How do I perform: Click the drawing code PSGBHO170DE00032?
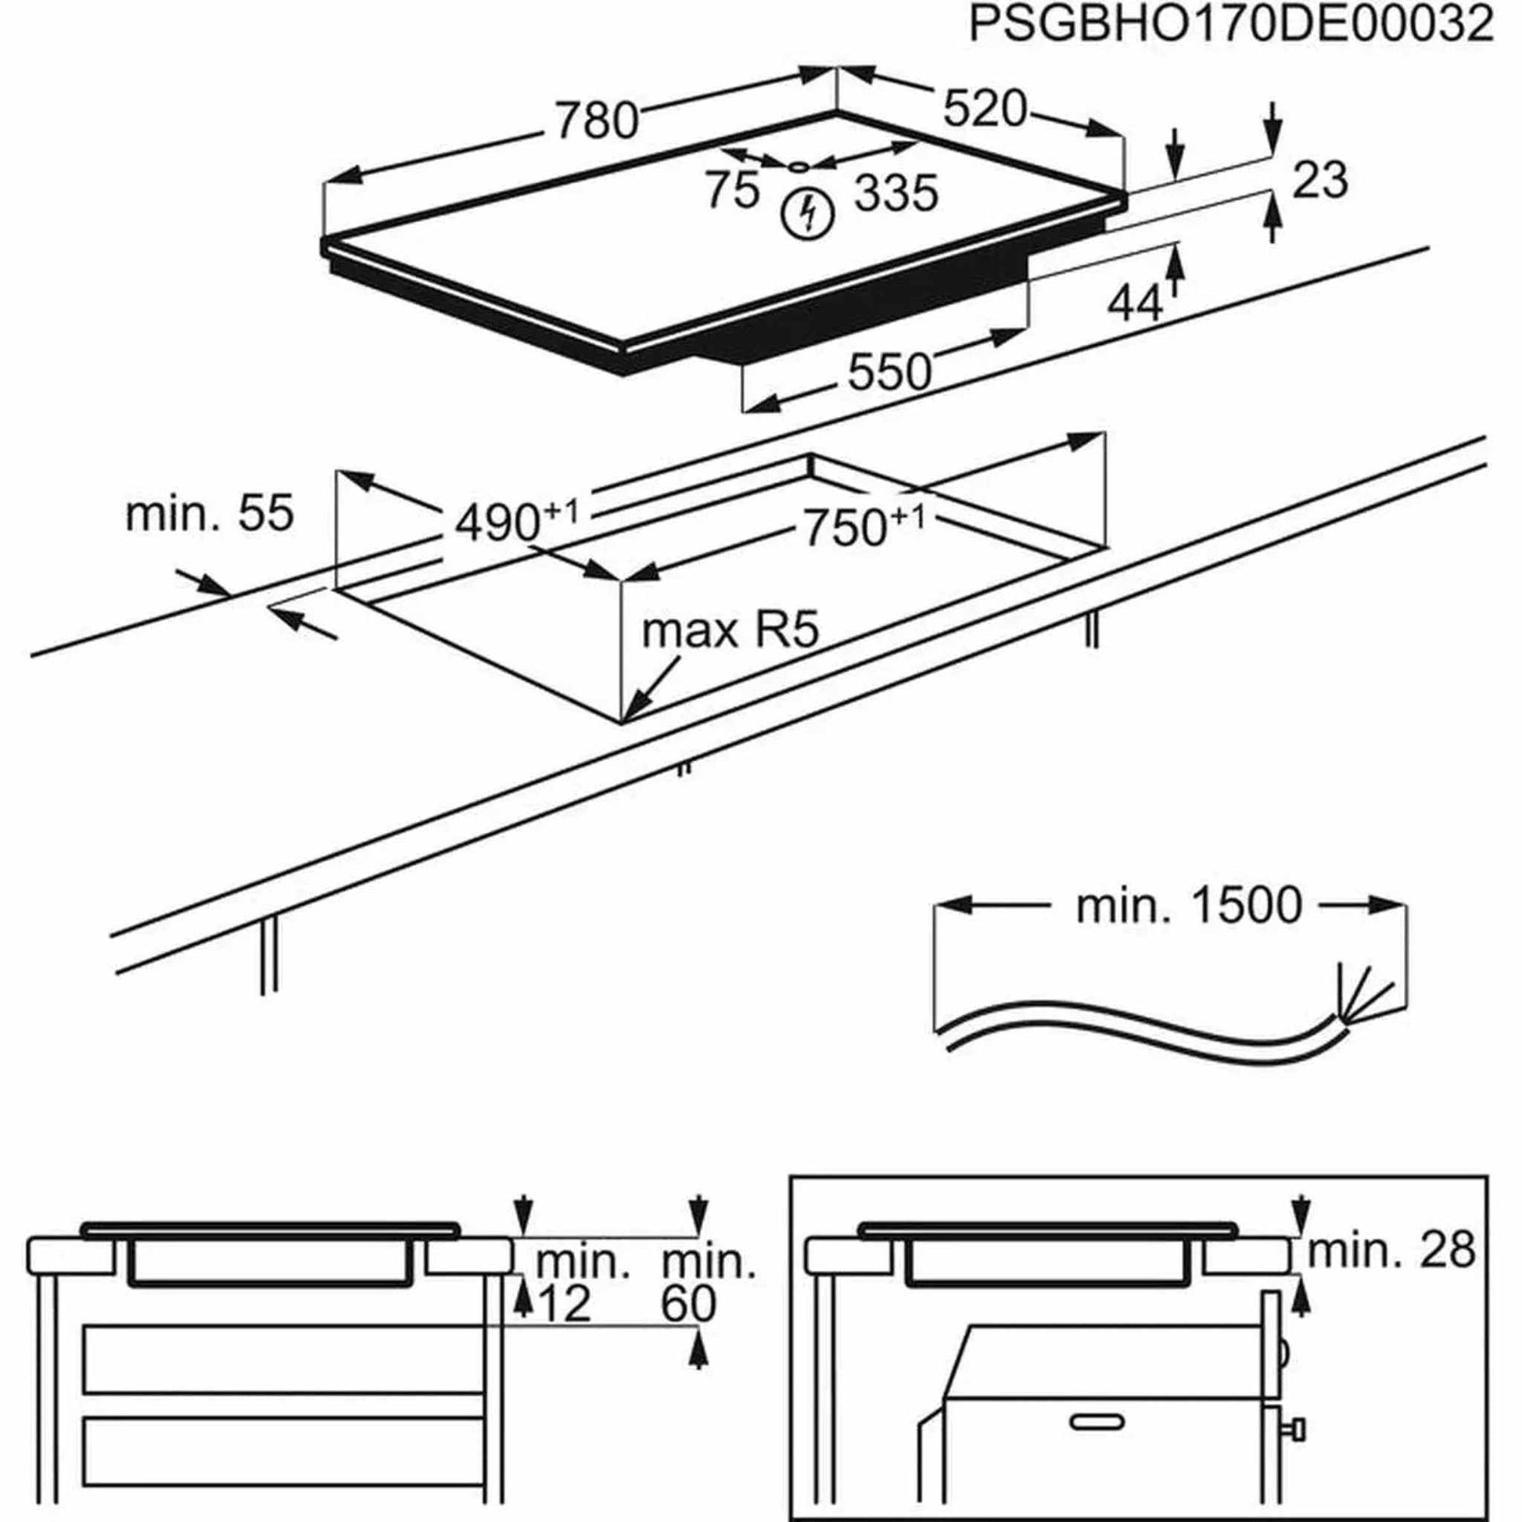point(1229,25)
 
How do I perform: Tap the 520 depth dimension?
point(985,109)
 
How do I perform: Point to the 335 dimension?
point(896,193)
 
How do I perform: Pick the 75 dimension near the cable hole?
point(732,191)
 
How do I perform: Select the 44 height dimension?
point(1134,303)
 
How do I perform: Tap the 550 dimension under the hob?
point(889,372)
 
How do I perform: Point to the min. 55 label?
point(209,514)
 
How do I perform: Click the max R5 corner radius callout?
point(730,631)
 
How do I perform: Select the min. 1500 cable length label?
point(1189,906)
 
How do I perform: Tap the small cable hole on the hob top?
point(798,167)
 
